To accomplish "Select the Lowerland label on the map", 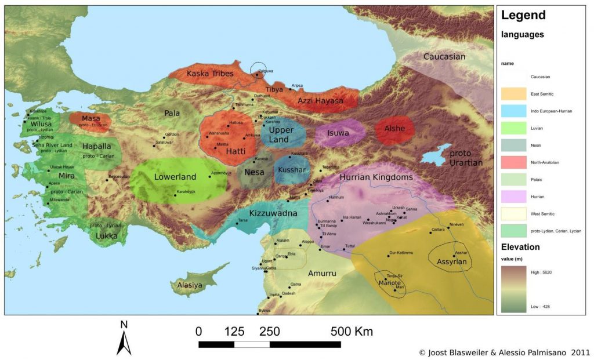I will tap(176, 177).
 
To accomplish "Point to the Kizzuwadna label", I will tap(273, 213).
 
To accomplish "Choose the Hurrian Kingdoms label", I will tap(376, 177).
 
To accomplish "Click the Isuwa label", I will tap(338, 133).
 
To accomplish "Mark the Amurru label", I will tap(322, 273).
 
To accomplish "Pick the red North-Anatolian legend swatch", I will tap(513, 163).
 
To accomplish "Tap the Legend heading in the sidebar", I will tap(524, 16).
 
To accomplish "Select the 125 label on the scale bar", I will tap(234, 332).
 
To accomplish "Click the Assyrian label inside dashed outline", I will tap(451, 262).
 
